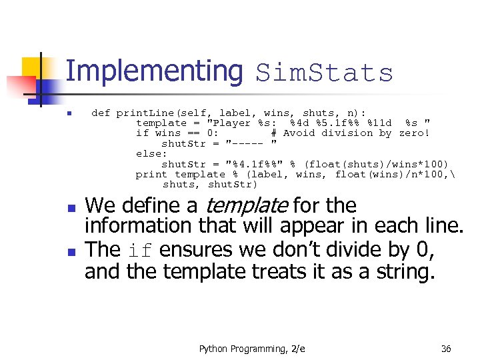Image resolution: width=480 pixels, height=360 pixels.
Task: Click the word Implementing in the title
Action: [155, 71]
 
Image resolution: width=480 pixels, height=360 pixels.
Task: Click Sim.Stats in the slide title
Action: [325, 73]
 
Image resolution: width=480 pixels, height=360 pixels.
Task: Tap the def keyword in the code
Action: [101, 113]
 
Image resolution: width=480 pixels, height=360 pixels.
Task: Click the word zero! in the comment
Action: [414, 133]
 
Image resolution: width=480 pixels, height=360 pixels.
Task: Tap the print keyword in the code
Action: [151, 174]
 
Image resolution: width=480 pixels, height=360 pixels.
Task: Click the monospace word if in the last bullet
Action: [140, 251]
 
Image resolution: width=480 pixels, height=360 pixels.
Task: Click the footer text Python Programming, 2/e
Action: [252, 349]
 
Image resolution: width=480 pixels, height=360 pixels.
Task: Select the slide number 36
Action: [446, 349]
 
